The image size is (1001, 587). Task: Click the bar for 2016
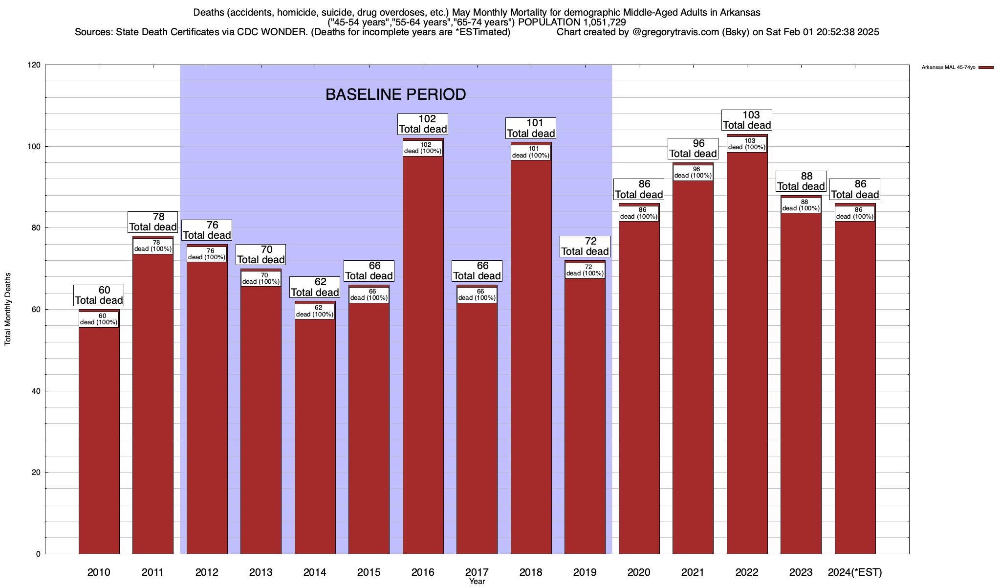[x=423, y=352]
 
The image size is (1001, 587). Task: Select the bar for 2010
[x=99, y=435]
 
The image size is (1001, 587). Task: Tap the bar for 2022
[x=747, y=352]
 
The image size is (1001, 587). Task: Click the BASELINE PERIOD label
[x=395, y=94]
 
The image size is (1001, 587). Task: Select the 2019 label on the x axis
[x=585, y=572]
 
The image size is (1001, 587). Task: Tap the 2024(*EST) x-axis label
[x=855, y=572]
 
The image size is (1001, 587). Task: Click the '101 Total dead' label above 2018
[x=531, y=128]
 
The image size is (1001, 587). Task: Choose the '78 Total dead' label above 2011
[x=152, y=222]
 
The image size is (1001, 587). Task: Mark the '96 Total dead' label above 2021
[x=693, y=148]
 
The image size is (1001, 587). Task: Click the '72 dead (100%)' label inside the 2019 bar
[x=585, y=271]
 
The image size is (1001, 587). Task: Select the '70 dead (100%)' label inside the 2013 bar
[x=261, y=279]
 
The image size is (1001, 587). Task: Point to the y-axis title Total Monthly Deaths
[x=8, y=309]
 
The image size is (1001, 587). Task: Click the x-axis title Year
[x=477, y=582]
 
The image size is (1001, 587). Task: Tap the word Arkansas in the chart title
[x=740, y=12]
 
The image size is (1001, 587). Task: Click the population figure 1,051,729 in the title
[x=602, y=22]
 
